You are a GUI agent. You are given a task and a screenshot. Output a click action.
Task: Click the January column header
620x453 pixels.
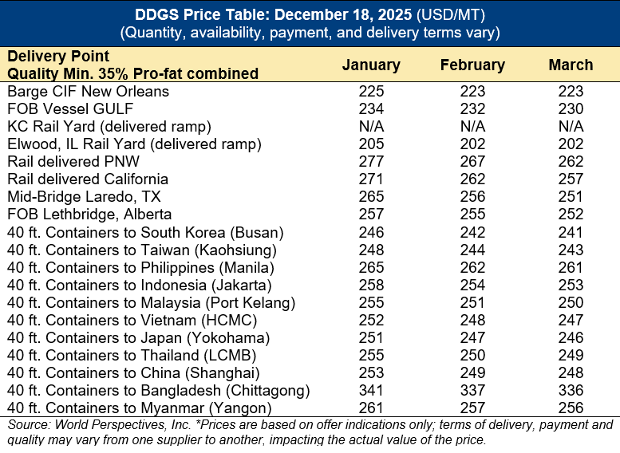pyautogui.click(x=371, y=65)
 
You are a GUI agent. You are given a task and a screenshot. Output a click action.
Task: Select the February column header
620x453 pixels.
pyautogui.click(x=472, y=65)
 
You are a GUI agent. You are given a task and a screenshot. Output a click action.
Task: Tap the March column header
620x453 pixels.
pyautogui.click(x=571, y=65)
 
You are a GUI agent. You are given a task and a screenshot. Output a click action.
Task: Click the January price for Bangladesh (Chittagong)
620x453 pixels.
pyautogui.click(x=371, y=391)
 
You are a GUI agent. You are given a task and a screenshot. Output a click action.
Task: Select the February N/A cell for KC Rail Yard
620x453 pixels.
pyautogui.click(x=472, y=127)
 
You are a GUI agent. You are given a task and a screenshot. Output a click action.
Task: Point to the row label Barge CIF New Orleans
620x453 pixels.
pyautogui.click(x=89, y=92)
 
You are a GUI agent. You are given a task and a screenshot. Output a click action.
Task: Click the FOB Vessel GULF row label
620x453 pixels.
pyautogui.click(x=70, y=109)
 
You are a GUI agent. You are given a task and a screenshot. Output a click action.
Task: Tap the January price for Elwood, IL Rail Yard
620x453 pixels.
pyautogui.click(x=371, y=144)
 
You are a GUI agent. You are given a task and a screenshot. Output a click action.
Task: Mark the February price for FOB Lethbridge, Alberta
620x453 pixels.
pyautogui.click(x=472, y=215)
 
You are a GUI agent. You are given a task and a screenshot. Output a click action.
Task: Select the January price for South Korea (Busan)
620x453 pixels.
pyautogui.click(x=371, y=233)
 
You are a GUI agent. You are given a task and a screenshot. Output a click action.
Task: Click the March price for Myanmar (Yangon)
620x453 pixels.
pyautogui.click(x=571, y=408)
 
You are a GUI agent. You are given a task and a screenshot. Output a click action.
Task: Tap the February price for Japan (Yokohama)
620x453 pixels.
pyautogui.click(x=472, y=338)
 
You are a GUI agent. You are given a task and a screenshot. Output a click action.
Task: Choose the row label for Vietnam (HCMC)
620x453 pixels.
pyautogui.click(x=132, y=321)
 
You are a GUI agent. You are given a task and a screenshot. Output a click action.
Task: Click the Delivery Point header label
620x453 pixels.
pyautogui.click(x=58, y=57)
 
